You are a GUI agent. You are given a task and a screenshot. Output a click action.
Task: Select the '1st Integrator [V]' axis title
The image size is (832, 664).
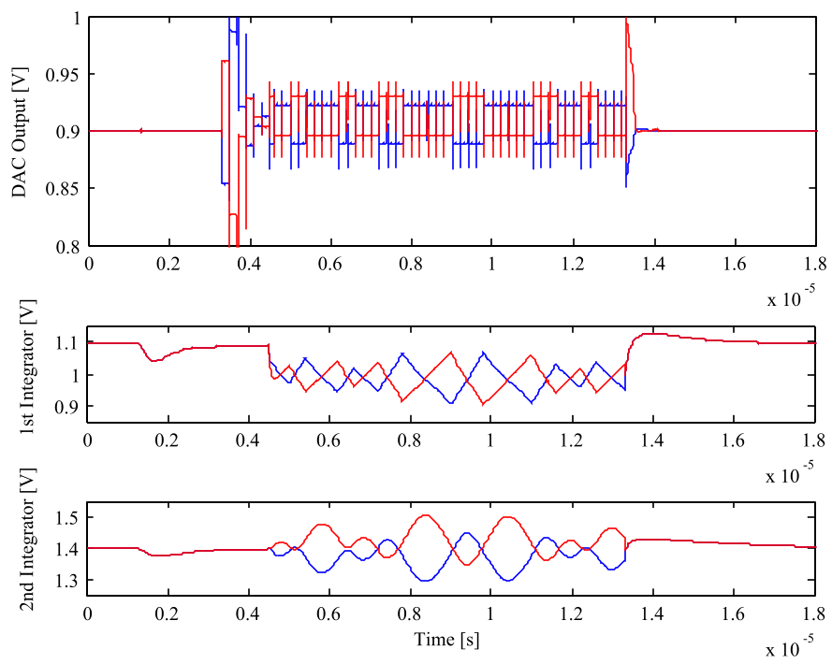coord(19,374)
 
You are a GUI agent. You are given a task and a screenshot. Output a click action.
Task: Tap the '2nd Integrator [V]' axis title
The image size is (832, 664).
coord(19,549)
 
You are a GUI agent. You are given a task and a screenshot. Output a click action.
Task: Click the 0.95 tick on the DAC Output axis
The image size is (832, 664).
coord(64,74)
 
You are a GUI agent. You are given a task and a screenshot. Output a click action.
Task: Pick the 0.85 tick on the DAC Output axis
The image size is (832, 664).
coord(64,189)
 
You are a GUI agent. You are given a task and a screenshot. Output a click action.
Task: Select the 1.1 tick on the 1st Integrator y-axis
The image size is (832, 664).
coord(68,343)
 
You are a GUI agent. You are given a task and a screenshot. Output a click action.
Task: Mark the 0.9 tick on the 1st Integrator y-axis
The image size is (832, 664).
coord(68,407)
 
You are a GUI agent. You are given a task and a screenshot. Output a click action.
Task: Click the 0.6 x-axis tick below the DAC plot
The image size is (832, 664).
coord(328,263)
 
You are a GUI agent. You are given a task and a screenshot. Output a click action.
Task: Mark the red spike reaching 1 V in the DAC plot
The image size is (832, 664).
coord(626,21)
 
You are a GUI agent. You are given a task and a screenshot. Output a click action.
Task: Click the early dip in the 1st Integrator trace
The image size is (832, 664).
coord(154,360)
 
